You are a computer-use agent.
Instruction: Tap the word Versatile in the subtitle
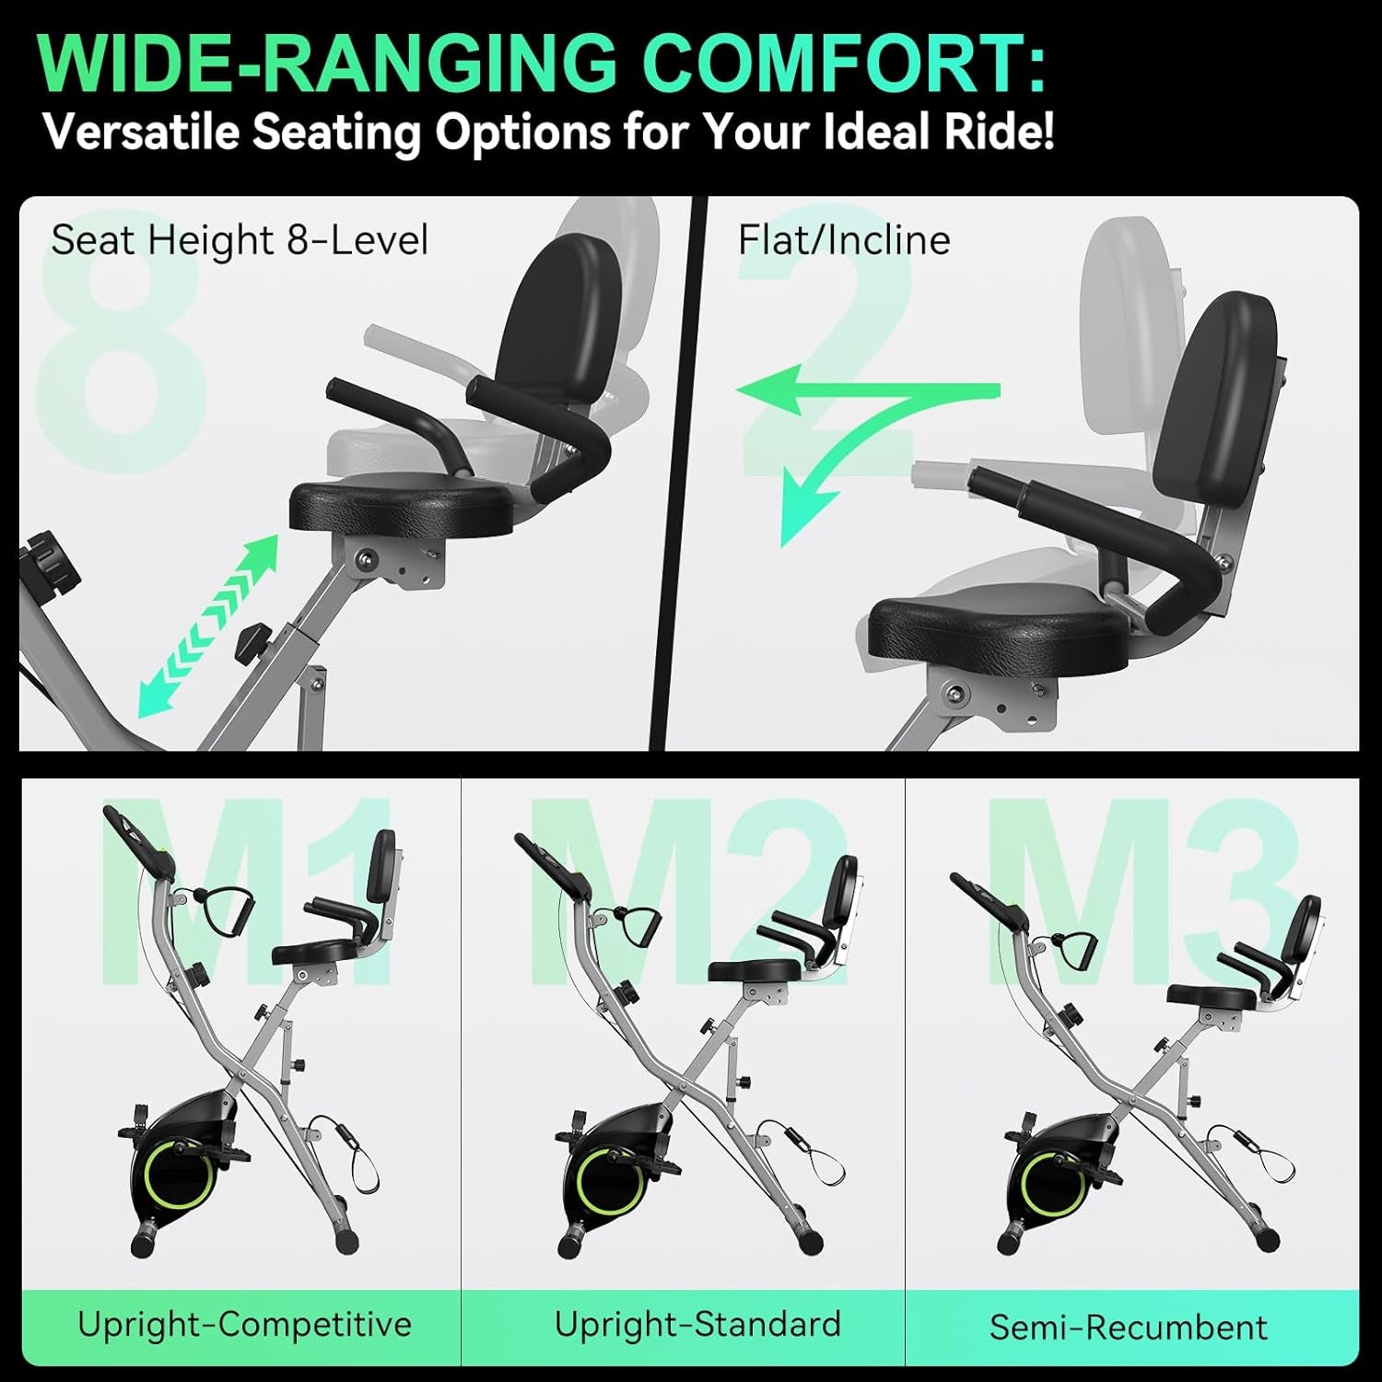pyautogui.click(x=141, y=132)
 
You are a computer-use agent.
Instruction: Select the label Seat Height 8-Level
pyautogui.click(x=240, y=240)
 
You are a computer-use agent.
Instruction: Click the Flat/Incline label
pyautogui.click(x=843, y=240)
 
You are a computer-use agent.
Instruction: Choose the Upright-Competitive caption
pyautogui.click(x=244, y=1325)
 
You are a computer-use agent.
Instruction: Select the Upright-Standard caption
pyautogui.click(x=697, y=1325)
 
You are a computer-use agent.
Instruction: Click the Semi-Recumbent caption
pyautogui.click(x=1129, y=1327)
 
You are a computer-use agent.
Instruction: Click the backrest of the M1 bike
pyautogui.click(x=381, y=866)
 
